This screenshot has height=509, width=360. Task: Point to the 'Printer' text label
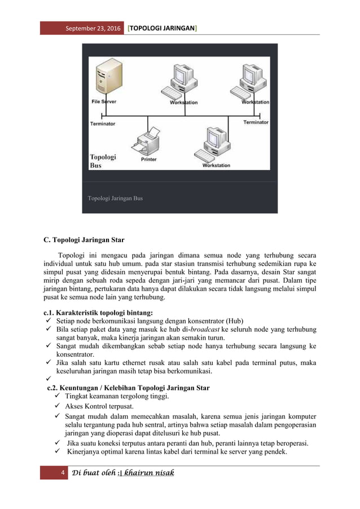click(x=148, y=160)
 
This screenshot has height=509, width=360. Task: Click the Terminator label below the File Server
click(x=103, y=123)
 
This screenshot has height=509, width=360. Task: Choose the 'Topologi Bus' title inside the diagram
click(x=103, y=161)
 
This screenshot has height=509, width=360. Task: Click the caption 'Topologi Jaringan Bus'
click(x=115, y=199)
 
